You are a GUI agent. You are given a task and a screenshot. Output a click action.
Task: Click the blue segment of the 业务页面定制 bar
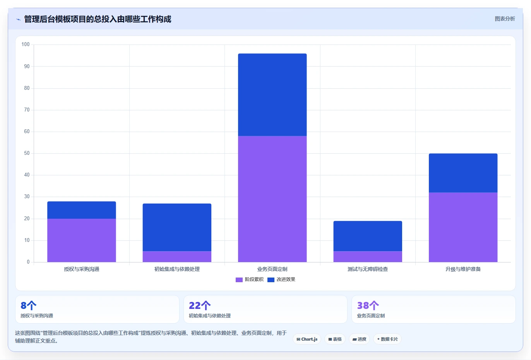click(272, 94)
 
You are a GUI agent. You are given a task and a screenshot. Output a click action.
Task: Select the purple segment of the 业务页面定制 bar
click(272, 199)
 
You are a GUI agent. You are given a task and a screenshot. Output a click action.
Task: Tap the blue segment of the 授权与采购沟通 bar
click(82, 210)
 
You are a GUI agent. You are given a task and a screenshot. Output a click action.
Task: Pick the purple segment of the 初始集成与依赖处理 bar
click(177, 257)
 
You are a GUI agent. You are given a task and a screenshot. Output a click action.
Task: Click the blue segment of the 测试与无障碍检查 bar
click(368, 236)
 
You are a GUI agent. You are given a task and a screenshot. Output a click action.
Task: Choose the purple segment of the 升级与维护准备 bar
click(463, 227)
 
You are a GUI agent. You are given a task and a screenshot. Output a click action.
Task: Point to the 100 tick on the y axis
click(26, 45)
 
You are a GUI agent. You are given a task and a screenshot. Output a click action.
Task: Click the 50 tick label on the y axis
click(27, 153)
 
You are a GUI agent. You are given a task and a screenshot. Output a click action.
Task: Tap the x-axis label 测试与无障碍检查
click(368, 269)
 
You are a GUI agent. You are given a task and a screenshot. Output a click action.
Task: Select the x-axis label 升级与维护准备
click(463, 269)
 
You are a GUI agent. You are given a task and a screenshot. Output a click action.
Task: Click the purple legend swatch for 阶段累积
click(239, 279)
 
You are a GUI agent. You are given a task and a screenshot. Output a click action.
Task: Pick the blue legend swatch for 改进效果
click(271, 279)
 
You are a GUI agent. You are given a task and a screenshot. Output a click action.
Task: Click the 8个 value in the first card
click(29, 305)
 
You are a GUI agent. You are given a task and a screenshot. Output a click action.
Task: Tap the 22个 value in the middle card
click(200, 305)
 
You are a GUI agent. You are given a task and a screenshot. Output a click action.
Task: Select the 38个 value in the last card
click(368, 305)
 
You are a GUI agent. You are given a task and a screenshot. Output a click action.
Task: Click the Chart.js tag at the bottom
click(307, 339)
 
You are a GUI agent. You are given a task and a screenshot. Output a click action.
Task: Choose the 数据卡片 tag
click(387, 339)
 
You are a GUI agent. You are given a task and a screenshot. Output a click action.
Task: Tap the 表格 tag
click(335, 339)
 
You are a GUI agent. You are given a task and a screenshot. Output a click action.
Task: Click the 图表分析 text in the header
click(505, 19)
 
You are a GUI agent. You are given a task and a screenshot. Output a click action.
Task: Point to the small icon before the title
click(19, 19)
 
